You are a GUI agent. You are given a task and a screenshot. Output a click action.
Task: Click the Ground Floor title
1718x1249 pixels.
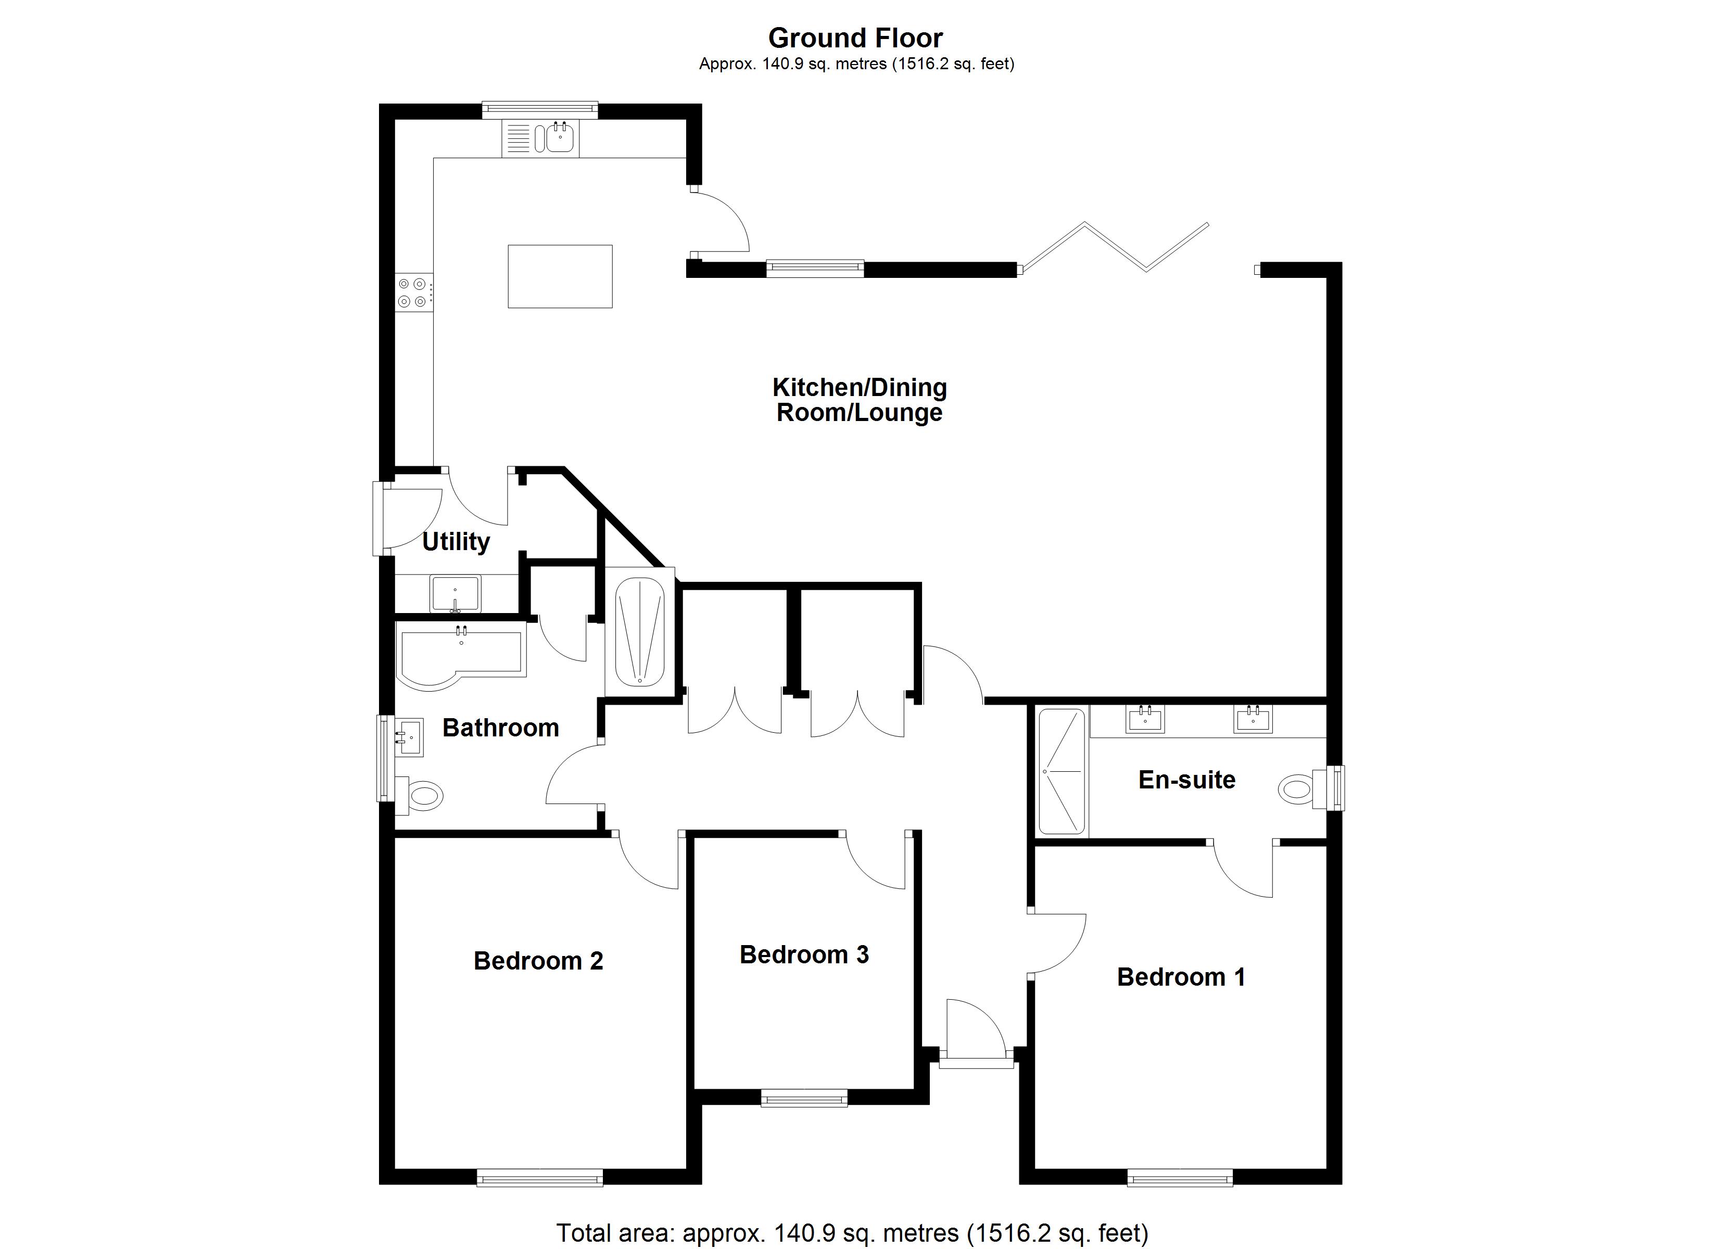(x=855, y=38)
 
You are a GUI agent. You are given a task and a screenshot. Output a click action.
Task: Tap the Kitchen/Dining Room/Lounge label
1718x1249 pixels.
(x=859, y=400)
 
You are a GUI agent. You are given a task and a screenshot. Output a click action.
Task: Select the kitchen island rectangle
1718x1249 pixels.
(x=560, y=276)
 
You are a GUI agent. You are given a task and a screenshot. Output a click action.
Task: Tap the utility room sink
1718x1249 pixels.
(x=454, y=593)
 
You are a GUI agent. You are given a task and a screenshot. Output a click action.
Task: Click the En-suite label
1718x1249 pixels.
(x=1186, y=780)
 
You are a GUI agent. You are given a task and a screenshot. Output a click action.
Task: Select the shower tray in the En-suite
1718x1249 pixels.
(x=1062, y=771)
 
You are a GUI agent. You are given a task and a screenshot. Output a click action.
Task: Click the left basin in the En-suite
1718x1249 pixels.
(x=1145, y=719)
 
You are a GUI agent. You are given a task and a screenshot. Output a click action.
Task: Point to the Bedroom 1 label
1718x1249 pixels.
(x=1180, y=977)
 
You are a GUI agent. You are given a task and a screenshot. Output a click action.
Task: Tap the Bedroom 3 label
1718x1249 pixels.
(x=804, y=955)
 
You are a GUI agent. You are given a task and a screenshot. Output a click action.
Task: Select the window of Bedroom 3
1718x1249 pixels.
(x=804, y=1098)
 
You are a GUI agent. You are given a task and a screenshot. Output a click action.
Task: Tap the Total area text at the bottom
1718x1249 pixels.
(x=852, y=1232)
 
